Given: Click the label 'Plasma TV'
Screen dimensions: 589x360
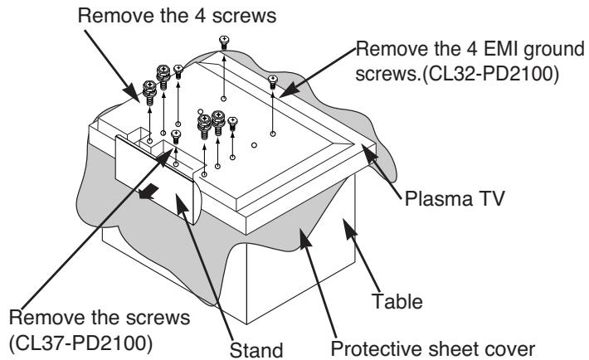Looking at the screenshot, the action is coord(454,198).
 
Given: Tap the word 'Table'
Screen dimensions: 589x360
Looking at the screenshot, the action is coord(397,301).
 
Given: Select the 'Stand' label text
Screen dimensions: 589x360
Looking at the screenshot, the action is coord(256,350).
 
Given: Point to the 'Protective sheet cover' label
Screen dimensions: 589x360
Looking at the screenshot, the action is coord(433,348).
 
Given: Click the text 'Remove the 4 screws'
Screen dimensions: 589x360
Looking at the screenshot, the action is coord(177,16).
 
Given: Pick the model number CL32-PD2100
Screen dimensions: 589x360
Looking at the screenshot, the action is coord(490,74).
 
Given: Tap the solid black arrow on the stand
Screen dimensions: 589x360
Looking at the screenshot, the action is coord(148,192).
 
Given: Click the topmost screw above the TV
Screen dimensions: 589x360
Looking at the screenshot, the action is coord(224,42).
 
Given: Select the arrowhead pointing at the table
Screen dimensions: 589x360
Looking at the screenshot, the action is coord(349,227).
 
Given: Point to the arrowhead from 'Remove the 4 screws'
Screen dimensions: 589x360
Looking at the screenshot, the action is coord(133,92).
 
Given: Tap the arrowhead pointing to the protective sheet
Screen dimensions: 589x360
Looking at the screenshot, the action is coord(305,236).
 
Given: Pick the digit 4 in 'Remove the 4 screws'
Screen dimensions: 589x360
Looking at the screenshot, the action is coord(200,16).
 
